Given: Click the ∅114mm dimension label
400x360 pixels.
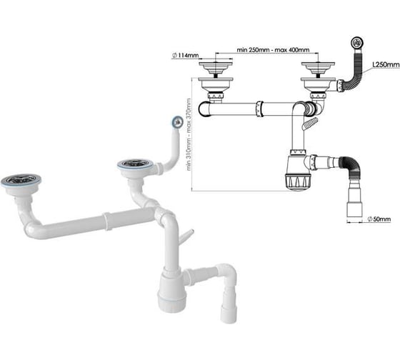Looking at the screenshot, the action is [186, 55].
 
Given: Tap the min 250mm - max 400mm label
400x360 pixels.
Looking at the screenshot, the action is [273, 50].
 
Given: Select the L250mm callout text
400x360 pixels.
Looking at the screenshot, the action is [386, 65].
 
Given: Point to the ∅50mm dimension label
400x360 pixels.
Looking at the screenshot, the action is [379, 219].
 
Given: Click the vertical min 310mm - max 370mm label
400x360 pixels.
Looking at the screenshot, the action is [189, 134].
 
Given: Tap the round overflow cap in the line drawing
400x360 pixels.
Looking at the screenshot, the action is [357, 42].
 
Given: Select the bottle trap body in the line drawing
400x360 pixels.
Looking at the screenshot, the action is [298, 171].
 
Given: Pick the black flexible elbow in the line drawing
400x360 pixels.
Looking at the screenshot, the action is [351, 165].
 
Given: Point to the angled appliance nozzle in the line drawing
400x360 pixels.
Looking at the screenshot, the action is [310, 124].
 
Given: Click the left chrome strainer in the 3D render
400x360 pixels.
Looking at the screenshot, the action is [21, 181].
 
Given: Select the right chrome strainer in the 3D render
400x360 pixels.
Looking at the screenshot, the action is [136, 164].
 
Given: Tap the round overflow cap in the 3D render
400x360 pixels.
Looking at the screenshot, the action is [177, 121].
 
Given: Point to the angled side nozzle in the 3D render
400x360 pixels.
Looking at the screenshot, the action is [187, 236].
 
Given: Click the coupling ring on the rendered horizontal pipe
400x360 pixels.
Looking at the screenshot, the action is [108, 221].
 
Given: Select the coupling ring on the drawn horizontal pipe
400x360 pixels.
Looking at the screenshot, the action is [259, 109].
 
